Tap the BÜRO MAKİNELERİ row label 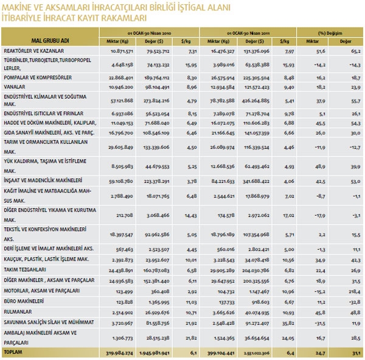pos(26,301)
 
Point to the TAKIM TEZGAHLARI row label pos(26,271)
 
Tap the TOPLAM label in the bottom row pos(15,352)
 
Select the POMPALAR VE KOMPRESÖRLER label pos(38,78)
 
